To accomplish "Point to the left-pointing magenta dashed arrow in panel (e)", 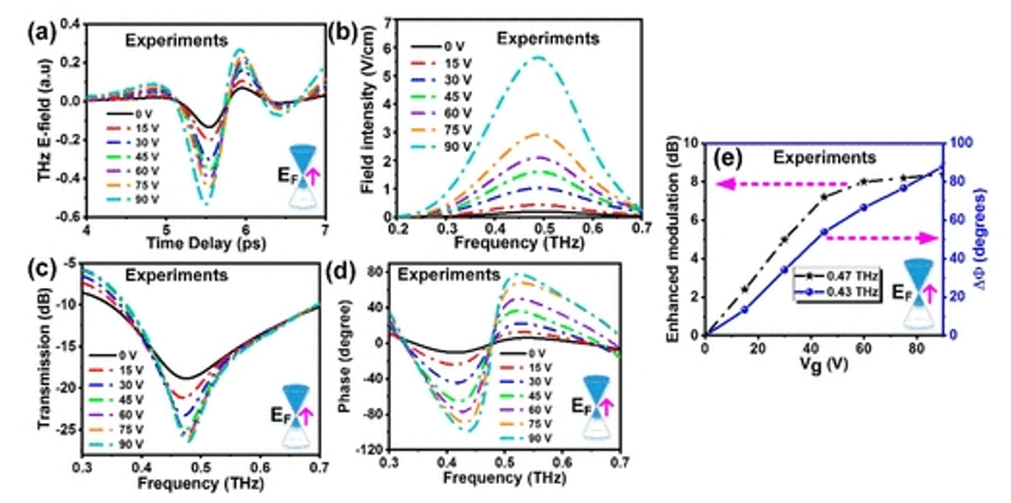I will (x=779, y=186).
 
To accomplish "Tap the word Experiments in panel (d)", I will (x=449, y=276).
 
